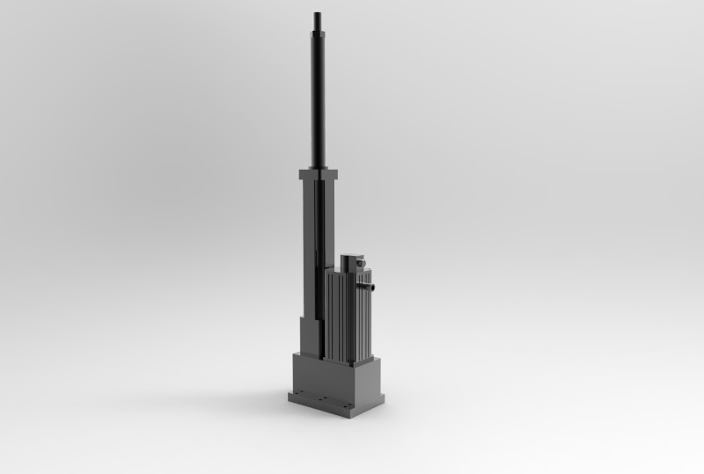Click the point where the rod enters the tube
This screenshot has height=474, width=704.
(318, 167)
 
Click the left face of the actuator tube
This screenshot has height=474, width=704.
(308, 246)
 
